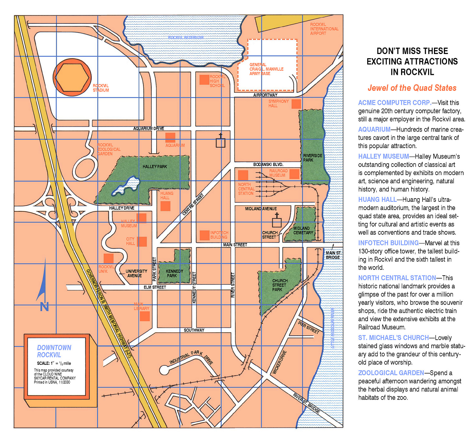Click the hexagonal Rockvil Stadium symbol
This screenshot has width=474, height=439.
[72, 77]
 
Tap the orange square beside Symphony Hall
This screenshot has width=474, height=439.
[296, 104]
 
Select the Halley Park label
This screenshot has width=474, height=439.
[155, 167]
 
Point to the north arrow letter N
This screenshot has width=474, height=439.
[44, 307]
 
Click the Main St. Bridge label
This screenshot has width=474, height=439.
[333, 255]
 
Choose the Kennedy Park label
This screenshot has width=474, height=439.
[174, 273]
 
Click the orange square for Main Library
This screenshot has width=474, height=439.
[145, 316]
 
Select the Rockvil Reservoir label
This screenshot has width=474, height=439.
[186, 38]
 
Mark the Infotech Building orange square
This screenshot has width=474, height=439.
[204, 235]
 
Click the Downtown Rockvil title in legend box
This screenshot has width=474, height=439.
[54, 351]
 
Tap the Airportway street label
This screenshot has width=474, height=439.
[265, 95]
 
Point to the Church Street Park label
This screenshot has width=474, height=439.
[279, 285]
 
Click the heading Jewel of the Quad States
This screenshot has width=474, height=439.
[412, 88]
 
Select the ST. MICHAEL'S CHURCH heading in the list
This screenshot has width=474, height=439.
[393, 338]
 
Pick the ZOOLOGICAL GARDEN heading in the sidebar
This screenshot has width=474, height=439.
[391, 373]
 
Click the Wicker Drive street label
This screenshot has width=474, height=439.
[280, 362]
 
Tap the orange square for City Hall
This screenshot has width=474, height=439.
[142, 241]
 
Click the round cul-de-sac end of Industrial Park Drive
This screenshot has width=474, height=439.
[164, 370]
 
